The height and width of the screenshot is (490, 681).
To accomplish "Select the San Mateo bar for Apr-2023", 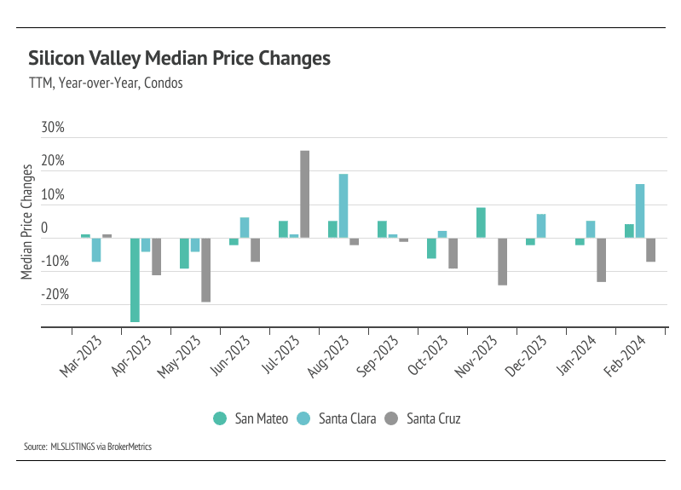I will tap(135, 280).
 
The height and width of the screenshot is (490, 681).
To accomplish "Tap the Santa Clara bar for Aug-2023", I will tap(343, 205).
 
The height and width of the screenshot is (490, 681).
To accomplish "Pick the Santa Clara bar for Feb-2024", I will tap(640, 210).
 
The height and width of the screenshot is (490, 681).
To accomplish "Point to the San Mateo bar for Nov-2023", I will tap(481, 222).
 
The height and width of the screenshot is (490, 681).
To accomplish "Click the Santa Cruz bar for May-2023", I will tap(205, 269).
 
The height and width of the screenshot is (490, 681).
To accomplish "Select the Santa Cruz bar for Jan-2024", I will tap(602, 259).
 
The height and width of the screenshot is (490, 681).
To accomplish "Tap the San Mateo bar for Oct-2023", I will tap(431, 248).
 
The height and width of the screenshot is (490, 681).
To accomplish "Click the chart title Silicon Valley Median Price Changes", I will tap(179, 59).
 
